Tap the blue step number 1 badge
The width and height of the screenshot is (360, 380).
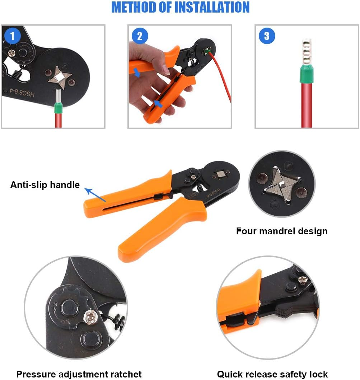pos(13,36)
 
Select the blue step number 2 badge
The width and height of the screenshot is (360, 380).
pos(140,36)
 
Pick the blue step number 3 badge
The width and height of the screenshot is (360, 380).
pos(267,36)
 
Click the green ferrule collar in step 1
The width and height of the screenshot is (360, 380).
pos(57,108)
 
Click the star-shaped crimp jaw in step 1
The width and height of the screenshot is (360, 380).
pos(59,76)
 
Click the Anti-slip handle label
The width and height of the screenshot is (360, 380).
pos(45,185)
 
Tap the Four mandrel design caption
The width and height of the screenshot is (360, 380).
pos(282,231)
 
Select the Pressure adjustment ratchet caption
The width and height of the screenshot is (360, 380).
pos(79,374)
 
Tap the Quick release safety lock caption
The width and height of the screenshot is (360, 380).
pos(272,374)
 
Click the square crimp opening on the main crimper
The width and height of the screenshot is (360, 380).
pos(219,175)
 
